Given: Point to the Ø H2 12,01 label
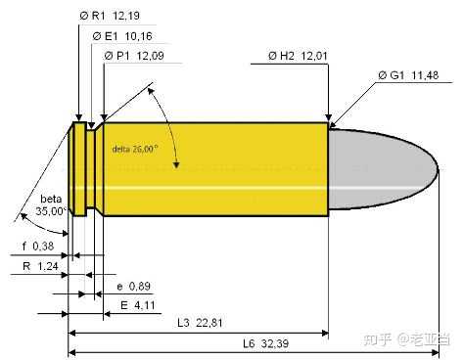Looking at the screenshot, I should [293, 56].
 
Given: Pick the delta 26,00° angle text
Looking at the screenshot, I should [135, 149].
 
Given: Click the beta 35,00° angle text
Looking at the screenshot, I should [49, 203].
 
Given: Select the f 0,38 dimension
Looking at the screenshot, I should [36, 245].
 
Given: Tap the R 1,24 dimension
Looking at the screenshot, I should [37, 264].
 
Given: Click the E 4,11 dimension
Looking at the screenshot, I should [133, 305].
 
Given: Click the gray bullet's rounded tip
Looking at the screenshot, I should [431, 169].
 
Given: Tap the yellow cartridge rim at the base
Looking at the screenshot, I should [75, 169].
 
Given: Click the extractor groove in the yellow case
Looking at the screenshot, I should [90, 169].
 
